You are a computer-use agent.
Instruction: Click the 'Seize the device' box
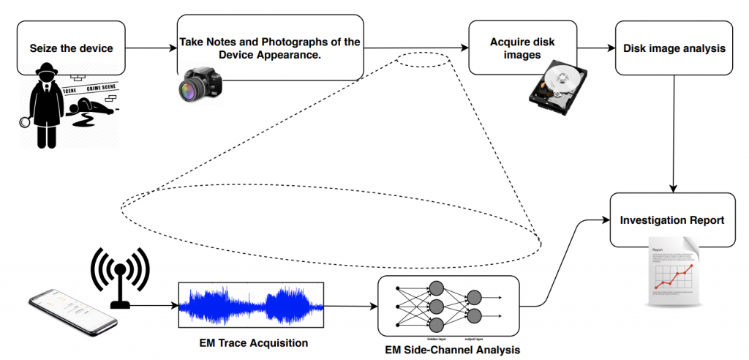coord(71,49)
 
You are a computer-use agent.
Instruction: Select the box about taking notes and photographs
coord(270,49)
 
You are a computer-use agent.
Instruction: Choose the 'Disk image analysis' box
coord(674,49)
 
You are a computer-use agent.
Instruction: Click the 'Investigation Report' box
coord(672,220)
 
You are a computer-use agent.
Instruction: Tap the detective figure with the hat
coord(45,103)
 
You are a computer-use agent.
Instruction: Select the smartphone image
coord(72,311)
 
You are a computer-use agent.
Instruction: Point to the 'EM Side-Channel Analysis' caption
coord(452,350)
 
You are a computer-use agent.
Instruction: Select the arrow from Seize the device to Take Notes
coord(151,50)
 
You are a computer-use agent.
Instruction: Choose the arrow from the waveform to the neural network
coord(350,305)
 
